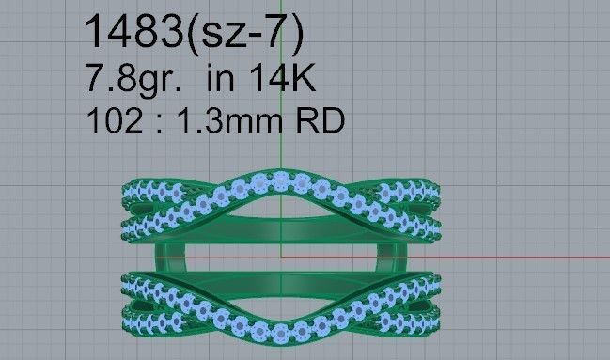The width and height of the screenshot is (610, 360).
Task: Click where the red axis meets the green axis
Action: [x=282, y=255]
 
